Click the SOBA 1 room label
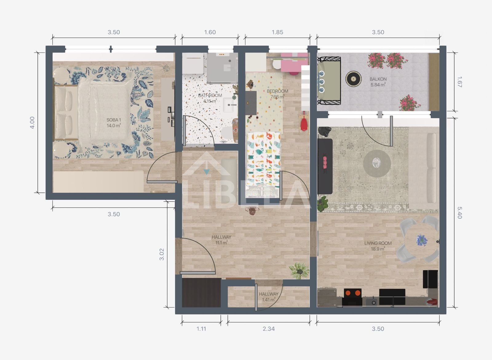(114, 120)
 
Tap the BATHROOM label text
(210, 96)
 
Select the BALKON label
(378, 79)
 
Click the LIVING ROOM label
(378, 243)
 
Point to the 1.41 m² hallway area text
(269, 300)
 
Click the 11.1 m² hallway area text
(221, 243)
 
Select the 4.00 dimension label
(32, 123)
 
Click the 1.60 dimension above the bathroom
(210, 32)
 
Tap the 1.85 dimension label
(277, 32)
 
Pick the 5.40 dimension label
(459, 213)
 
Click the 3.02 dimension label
(162, 254)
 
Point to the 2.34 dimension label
(269, 329)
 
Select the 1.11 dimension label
(201, 329)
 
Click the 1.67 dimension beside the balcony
(459, 82)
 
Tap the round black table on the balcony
(353, 79)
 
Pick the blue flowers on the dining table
(422, 240)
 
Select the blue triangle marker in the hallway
(206, 172)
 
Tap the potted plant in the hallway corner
(299, 271)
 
